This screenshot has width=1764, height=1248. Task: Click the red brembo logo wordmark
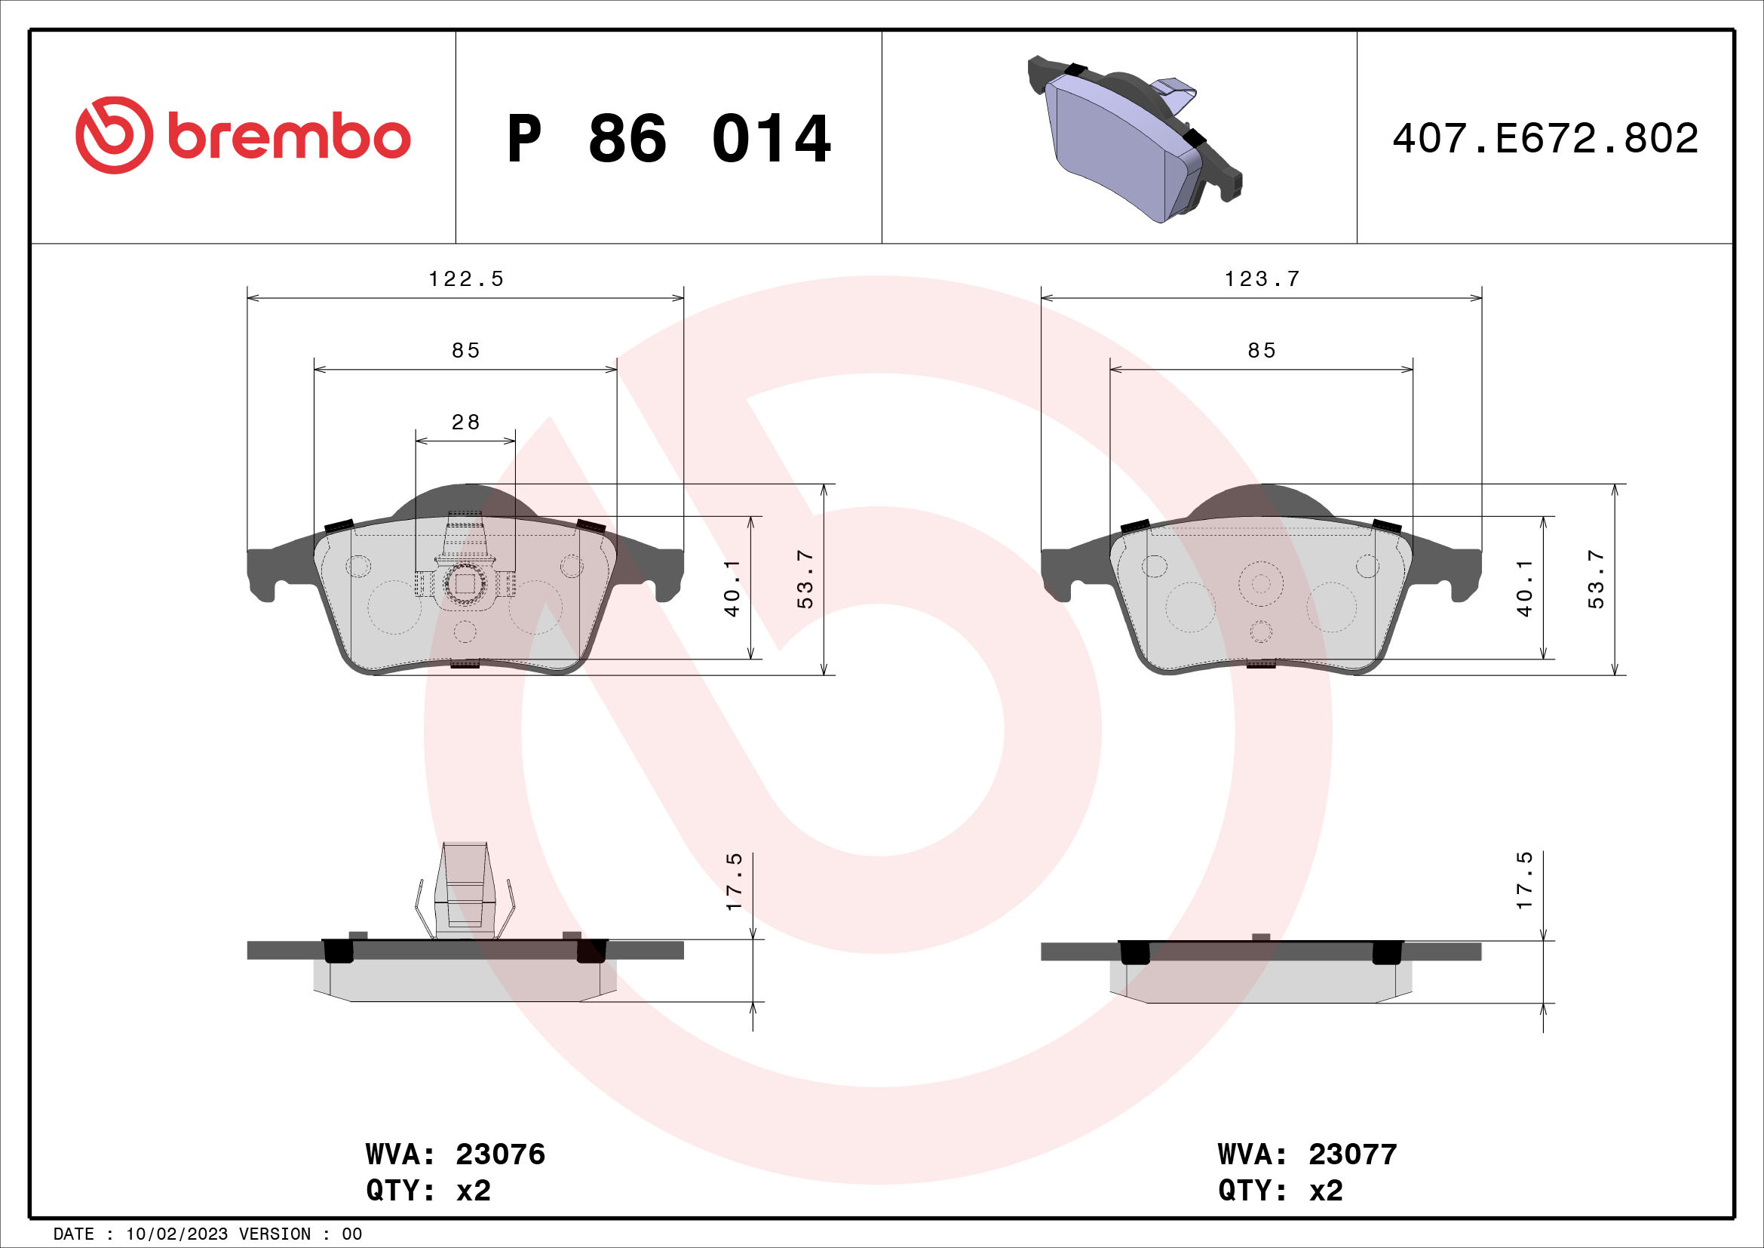click(288, 137)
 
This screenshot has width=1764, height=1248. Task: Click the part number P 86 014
click(668, 139)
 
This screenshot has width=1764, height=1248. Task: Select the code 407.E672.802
click(1545, 138)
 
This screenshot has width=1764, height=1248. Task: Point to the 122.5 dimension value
click(465, 279)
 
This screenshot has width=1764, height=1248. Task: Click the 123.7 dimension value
click(1262, 279)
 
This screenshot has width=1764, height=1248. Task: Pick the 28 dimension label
click(465, 422)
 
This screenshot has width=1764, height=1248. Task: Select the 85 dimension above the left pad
click(465, 350)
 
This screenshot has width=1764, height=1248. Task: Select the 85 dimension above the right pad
click(1262, 350)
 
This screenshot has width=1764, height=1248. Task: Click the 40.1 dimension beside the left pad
click(732, 588)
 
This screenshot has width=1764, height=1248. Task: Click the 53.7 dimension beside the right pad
click(1597, 580)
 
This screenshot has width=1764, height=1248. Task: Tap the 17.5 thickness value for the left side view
click(735, 881)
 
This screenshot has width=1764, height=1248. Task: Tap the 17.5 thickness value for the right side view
click(1524, 881)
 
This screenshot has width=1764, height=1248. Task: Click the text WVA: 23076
click(455, 1154)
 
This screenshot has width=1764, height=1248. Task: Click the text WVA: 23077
click(1307, 1154)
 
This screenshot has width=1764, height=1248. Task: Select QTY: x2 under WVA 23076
click(428, 1191)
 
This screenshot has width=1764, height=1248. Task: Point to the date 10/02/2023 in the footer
click(176, 1234)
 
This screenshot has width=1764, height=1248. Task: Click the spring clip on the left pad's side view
click(465, 891)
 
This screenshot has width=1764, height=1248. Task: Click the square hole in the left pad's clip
click(465, 584)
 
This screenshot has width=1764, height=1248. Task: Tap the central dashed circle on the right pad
click(1261, 584)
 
